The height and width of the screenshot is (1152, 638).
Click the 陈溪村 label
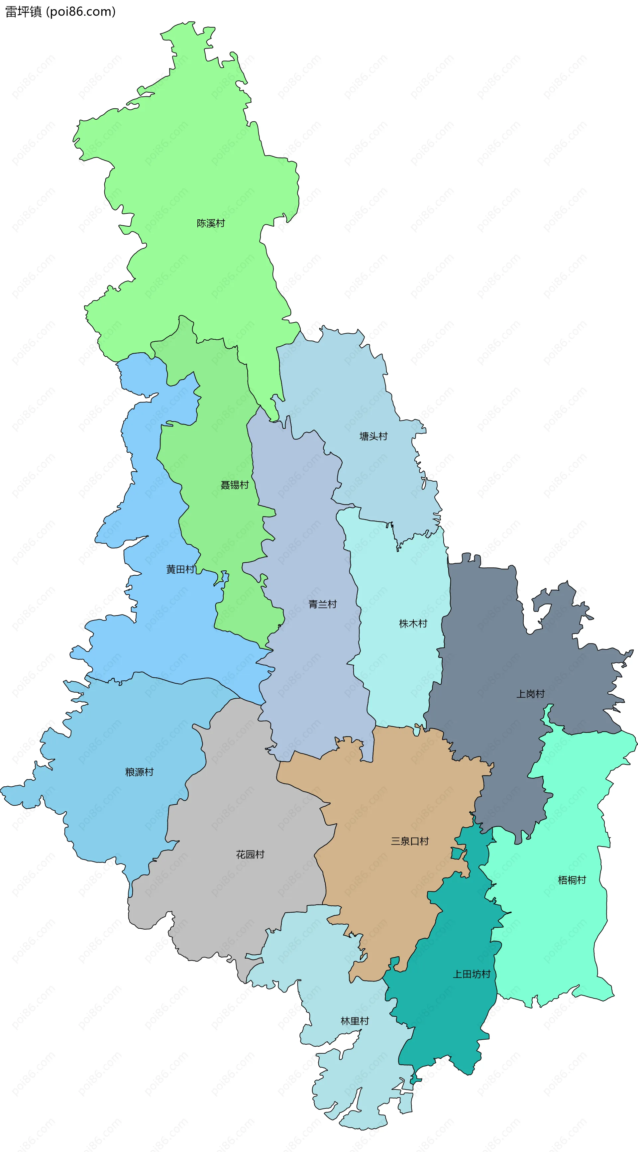click(x=211, y=223)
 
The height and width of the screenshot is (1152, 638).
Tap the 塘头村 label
click(x=373, y=436)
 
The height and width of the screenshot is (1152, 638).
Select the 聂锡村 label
click(x=234, y=485)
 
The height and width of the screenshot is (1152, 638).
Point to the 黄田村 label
click(x=180, y=569)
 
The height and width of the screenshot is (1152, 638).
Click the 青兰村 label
click(x=322, y=604)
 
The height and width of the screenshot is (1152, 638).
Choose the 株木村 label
click(x=413, y=624)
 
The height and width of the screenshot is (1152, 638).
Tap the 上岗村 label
click(x=530, y=694)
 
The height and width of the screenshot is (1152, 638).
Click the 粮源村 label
click(x=139, y=772)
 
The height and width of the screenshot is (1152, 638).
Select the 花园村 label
click(x=250, y=854)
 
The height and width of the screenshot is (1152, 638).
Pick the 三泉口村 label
click(x=409, y=841)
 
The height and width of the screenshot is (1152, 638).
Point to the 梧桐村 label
click(x=572, y=880)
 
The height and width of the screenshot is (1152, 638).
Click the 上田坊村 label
click(x=472, y=974)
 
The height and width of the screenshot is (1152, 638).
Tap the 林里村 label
click(x=355, y=1021)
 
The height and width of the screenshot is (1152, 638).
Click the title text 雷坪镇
click(x=23, y=12)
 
